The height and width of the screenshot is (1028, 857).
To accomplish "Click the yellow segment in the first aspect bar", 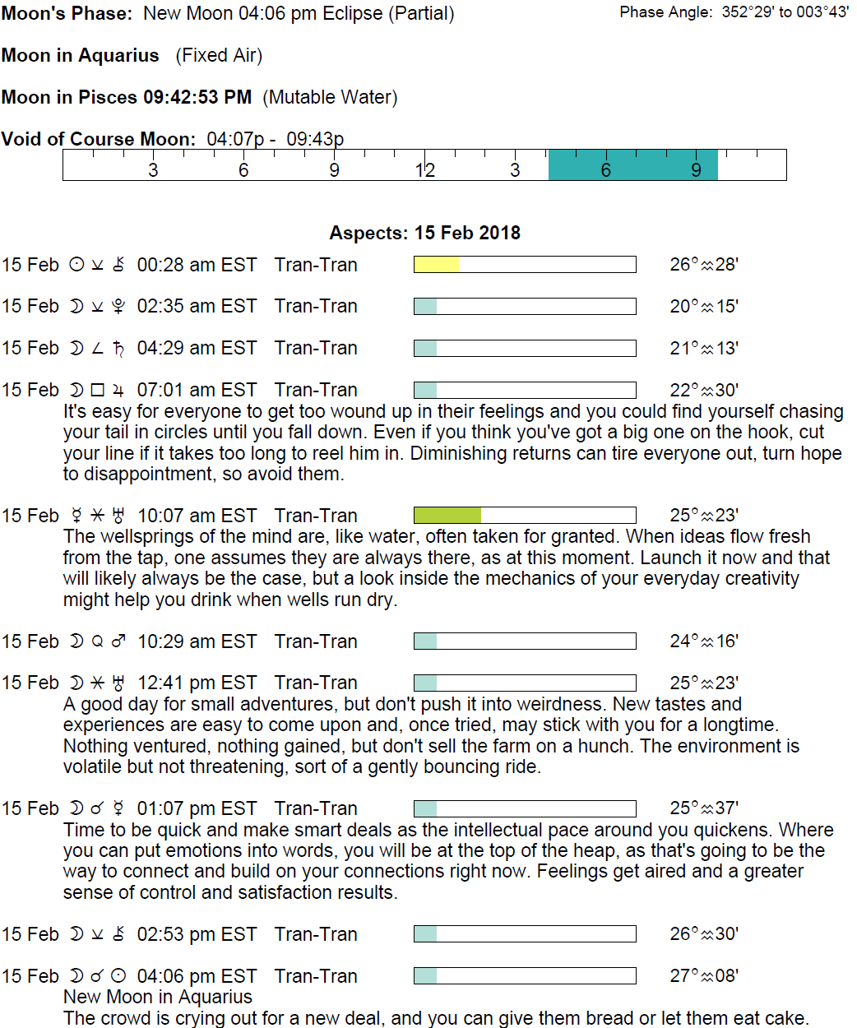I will pos(436,264).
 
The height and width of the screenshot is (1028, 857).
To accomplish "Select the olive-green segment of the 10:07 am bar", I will pos(447,516).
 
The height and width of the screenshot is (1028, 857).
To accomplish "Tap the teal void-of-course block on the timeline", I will pos(632,164).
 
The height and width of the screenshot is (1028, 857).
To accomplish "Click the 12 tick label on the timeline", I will pos(424,170).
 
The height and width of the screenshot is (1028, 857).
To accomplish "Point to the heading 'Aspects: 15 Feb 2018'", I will pos(424,233).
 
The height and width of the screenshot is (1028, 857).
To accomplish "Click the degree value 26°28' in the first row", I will pos(703,264).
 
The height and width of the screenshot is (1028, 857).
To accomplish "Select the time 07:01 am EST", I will pos(197,390).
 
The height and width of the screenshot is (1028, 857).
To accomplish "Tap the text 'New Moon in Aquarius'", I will pos(158,997).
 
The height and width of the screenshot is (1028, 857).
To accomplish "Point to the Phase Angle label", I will pos(665,12).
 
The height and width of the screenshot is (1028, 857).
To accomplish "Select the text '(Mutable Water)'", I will pos(330,97).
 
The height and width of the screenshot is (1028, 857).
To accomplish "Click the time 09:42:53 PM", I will pos(197,97).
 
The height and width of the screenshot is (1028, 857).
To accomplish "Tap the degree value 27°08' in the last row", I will pos(703,975).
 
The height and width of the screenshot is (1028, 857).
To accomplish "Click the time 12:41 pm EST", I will pos(197,683).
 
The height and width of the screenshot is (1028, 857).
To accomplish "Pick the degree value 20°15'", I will pos(703,306).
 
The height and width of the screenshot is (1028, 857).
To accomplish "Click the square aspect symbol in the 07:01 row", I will pos(98,390).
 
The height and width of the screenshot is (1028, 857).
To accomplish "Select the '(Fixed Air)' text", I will pos(219,55).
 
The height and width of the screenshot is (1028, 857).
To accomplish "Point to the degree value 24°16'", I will pos(703,641).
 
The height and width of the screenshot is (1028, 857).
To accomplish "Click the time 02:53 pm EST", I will pos(197,934).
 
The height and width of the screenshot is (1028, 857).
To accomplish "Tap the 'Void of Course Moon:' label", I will pos(99,138).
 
